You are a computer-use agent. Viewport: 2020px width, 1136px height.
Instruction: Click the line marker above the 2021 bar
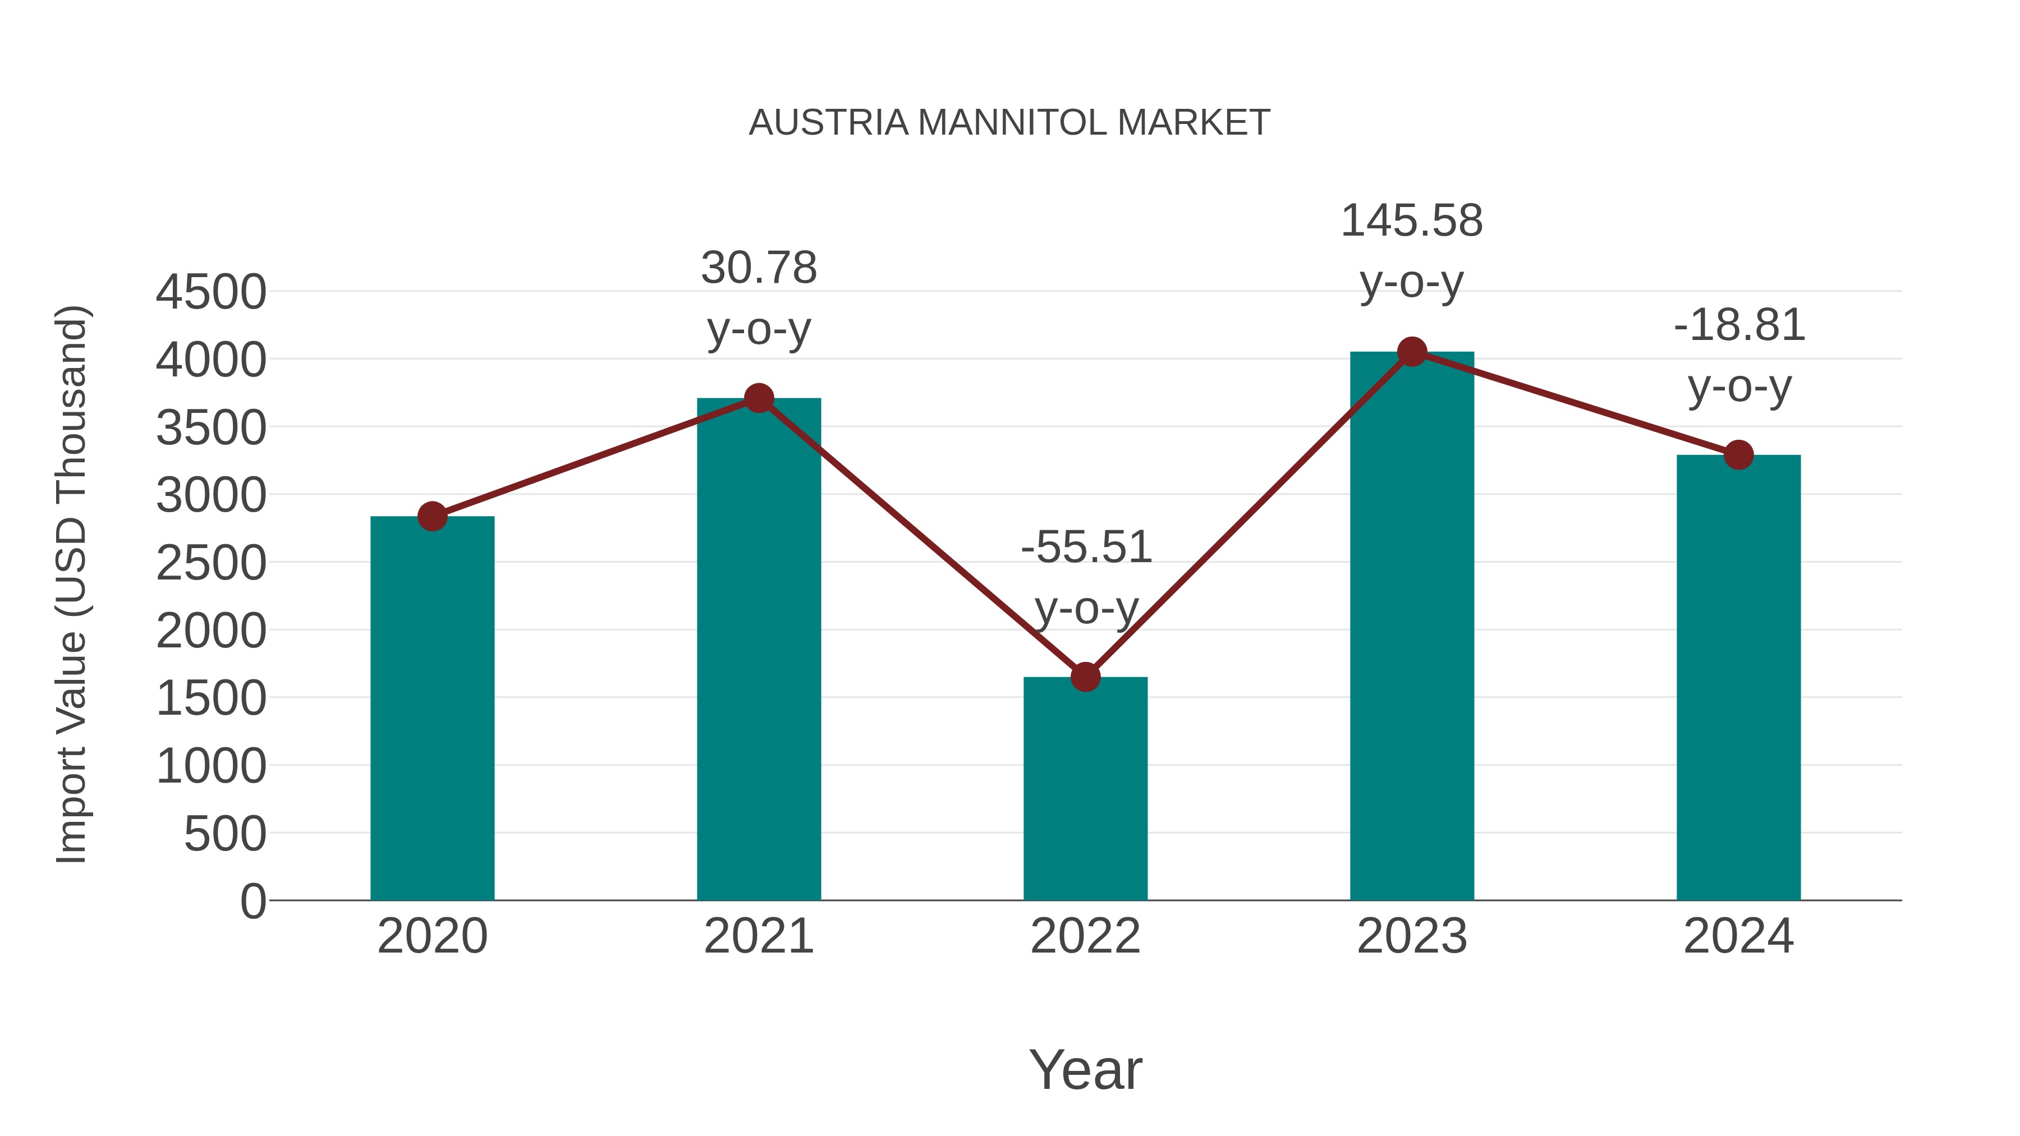tap(758, 398)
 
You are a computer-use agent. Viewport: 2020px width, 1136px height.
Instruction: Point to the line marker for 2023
tap(1412, 352)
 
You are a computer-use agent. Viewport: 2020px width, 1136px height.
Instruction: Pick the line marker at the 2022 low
tap(1085, 677)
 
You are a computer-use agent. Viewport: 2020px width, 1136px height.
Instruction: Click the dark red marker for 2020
tap(432, 517)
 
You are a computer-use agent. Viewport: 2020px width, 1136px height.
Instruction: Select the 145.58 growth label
tap(1412, 221)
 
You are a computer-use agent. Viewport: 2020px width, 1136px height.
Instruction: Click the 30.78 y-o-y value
tap(758, 268)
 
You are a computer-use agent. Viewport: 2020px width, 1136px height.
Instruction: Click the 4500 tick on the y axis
tap(211, 292)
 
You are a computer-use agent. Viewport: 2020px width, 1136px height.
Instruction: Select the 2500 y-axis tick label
tap(211, 564)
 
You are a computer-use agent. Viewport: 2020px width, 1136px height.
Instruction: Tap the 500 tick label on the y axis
tap(224, 834)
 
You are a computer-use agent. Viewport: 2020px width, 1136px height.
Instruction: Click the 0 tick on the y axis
tap(252, 902)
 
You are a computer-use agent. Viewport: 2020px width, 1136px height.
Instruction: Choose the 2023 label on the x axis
tap(1412, 937)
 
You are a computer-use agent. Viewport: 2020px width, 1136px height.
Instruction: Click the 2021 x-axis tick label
tap(758, 937)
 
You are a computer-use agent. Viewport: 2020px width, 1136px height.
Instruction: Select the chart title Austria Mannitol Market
tap(1009, 123)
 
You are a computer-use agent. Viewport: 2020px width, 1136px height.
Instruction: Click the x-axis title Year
tap(1085, 1070)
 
